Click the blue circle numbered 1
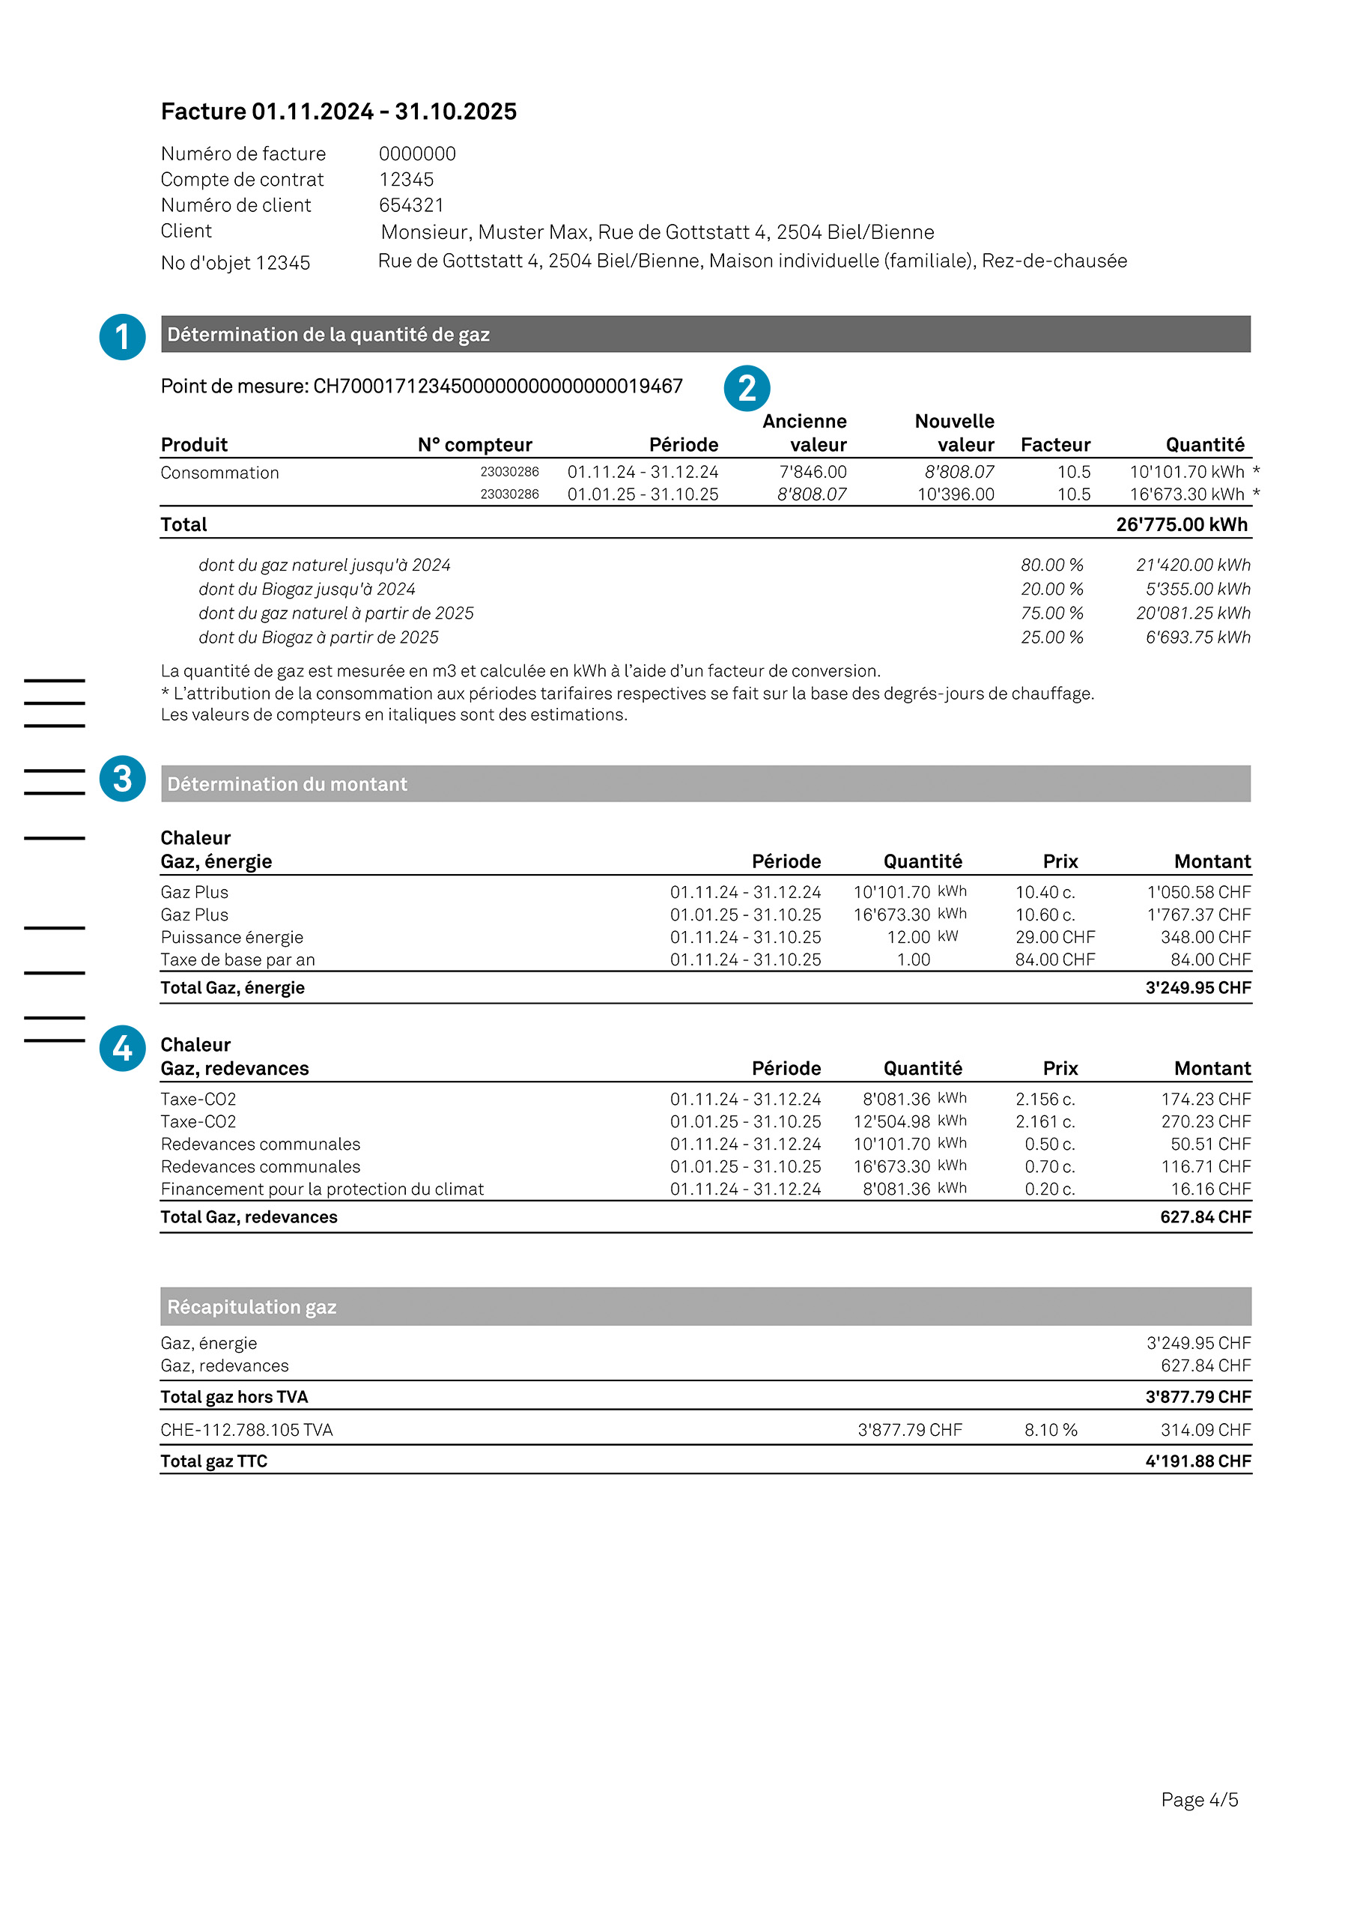122,337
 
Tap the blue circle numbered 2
747,388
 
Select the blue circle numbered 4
122,1048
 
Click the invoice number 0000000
417,154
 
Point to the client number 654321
411,205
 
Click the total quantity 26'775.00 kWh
1181,525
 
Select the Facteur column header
1055,445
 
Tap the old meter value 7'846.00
813,472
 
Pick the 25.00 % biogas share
1051,637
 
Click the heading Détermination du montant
288,784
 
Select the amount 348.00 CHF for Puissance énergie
1205,937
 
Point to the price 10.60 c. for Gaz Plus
1045,915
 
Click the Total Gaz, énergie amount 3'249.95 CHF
1197,987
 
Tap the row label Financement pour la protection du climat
322,1189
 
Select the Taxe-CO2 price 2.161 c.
1045,1121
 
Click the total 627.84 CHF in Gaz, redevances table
1205,1217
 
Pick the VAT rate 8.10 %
1050,1429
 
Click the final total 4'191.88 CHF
1197,1461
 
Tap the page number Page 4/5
1198,1799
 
